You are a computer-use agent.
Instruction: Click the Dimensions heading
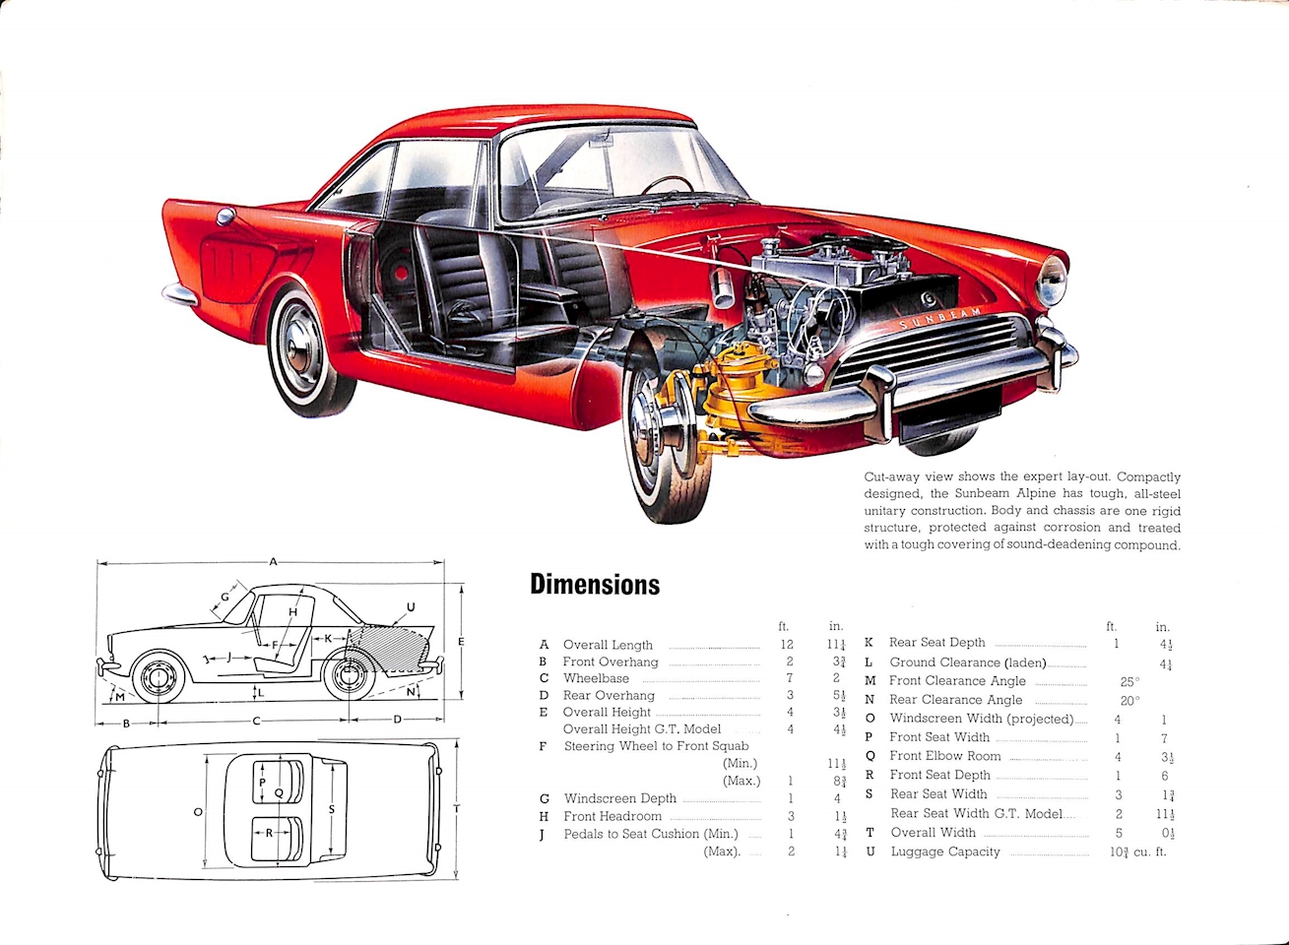click(x=595, y=585)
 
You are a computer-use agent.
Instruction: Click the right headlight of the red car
click(x=1052, y=282)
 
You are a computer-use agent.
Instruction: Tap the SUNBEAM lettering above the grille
click(x=939, y=318)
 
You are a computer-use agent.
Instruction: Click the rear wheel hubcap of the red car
click(x=299, y=346)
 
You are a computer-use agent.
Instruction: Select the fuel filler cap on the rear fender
click(x=225, y=216)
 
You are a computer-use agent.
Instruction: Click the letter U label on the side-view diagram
click(x=411, y=606)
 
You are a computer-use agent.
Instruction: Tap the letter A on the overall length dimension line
click(x=274, y=561)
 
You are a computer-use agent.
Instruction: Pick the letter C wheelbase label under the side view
click(x=256, y=721)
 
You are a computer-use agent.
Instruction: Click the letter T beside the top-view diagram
click(x=456, y=809)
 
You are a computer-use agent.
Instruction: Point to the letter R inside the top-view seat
click(x=269, y=832)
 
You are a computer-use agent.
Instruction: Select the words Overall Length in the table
click(x=608, y=645)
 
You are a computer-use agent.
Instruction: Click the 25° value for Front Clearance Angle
click(x=1129, y=681)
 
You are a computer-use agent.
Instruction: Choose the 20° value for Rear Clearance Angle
click(x=1129, y=701)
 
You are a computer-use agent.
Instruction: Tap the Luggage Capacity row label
click(x=945, y=851)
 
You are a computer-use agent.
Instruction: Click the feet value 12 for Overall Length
click(x=787, y=645)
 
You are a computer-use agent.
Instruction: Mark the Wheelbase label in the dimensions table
click(x=596, y=678)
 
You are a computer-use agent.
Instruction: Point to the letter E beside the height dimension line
click(x=461, y=641)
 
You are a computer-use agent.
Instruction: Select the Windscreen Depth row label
click(x=619, y=798)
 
